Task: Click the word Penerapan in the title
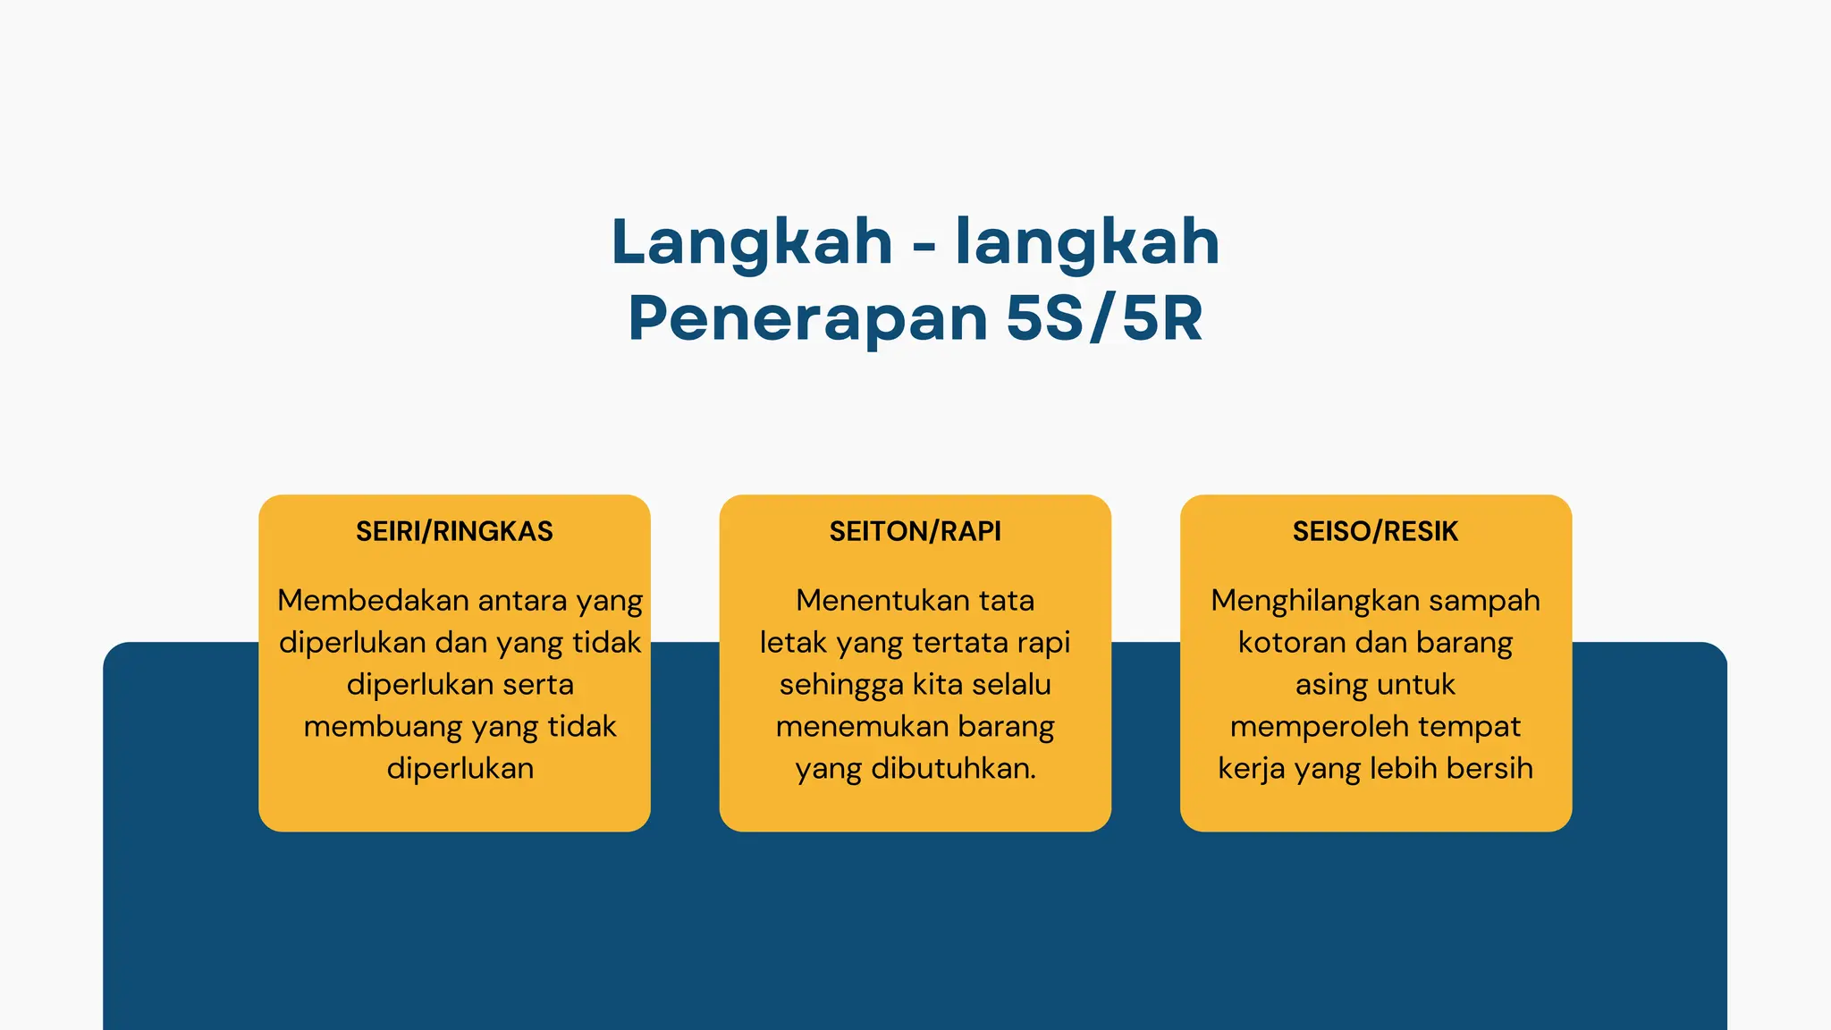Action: click(807, 318)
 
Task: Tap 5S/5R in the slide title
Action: click(1104, 318)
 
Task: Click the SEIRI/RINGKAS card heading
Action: click(454, 531)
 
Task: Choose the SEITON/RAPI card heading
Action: click(915, 531)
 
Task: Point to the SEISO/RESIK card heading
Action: click(1375, 531)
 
